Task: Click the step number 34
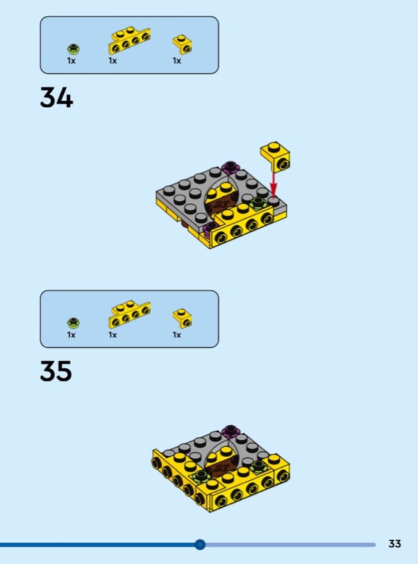(56, 97)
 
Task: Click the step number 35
(56, 371)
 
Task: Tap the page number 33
(395, 544)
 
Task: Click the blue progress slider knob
(200, 544)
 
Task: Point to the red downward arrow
(273, 185)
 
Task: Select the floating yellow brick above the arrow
(276, 157)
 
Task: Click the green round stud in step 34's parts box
(73, 48)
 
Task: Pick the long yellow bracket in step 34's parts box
(129, 40)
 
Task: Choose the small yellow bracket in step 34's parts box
(182, 44)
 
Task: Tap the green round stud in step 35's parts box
(73, 322)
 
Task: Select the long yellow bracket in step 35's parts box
(129, 314)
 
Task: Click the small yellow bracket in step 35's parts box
(182, 318)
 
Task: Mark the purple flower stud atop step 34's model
(230, 166)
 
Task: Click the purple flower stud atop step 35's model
(230, 430)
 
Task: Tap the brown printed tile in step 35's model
(219, 468)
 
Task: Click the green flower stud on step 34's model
(258, 203)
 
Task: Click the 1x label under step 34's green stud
(71, 61)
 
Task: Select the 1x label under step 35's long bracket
(113, 335)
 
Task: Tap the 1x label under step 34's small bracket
(177, 61)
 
